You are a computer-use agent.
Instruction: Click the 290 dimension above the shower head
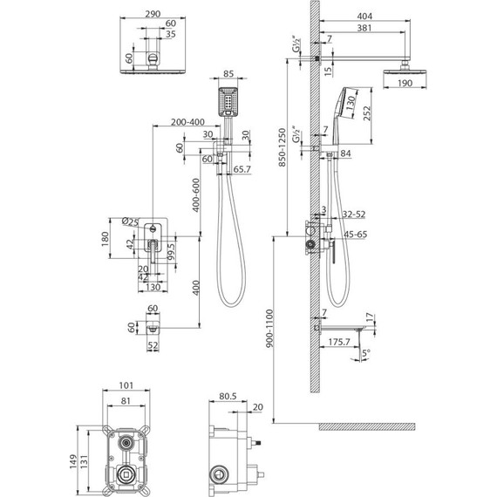click(x=153, y=14)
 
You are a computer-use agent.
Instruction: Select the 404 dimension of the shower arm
click(x=364, y=16)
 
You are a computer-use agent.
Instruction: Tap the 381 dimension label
click(x=364, y=28)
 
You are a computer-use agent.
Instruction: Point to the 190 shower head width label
click(x=405, y=83)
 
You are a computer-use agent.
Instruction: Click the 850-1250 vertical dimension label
click(x=283, y=147)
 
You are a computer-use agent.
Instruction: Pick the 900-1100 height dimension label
click(x=269, y=329)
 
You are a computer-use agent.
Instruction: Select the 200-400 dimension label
click(x=187, y=122)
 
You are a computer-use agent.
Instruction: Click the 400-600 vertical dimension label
click(x=196, y=195)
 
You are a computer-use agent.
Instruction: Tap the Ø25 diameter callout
click(x=130, y=221)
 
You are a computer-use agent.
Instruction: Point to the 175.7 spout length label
click(x=339, y=342)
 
